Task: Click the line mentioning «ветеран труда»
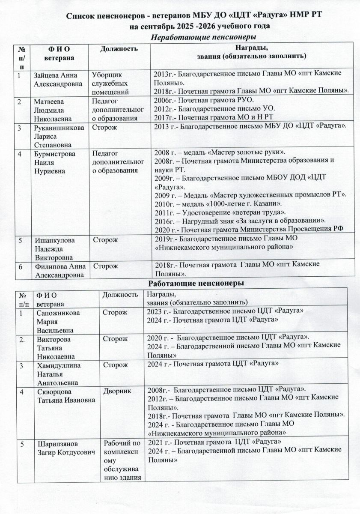tap(220, 212)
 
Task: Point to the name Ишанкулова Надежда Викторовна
tap(55, 248)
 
